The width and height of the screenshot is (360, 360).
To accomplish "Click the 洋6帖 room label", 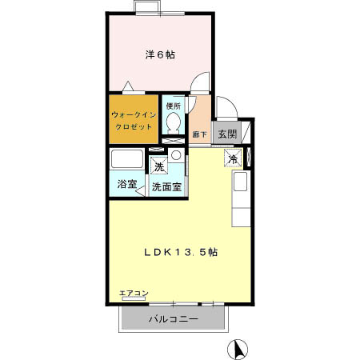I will click(160, 54).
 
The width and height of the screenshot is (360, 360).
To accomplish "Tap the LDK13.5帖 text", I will click(182, 250).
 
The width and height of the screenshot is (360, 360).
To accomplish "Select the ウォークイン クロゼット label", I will click(132, 119).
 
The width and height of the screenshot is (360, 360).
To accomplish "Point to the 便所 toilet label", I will click(173, 106).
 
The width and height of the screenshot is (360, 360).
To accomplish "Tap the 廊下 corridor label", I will click(200, 134).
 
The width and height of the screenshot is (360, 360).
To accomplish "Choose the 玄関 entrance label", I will click(226, 134).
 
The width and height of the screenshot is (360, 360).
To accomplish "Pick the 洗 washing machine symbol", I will click(158, 167).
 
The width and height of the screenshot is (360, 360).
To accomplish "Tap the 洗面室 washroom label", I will click(167, 186).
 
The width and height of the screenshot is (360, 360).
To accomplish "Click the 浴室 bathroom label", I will click(126, 185).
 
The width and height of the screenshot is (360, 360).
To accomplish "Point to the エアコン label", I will click(133, 294).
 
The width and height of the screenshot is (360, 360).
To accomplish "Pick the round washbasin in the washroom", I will click(176, 155).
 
